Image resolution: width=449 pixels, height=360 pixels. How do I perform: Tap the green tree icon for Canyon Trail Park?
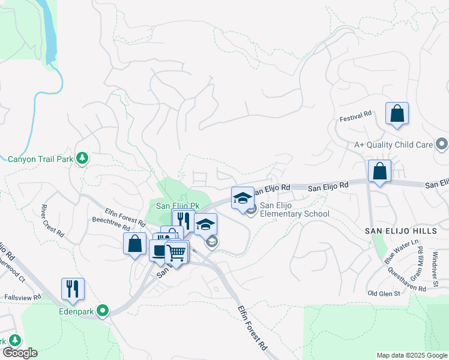(83, 158)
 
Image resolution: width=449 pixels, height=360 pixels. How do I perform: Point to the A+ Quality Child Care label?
(393, 145)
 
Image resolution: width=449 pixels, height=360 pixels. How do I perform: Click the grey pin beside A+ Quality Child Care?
(442, 144)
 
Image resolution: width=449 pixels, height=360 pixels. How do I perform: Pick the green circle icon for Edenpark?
(103, 311)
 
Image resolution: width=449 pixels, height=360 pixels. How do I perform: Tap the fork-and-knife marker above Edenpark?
(73, 289)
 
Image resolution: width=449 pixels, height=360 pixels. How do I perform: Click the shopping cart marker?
(176, 253)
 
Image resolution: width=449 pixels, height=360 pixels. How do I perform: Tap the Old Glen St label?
(384, 293)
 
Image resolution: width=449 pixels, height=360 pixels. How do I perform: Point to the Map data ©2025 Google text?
(411, 355)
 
